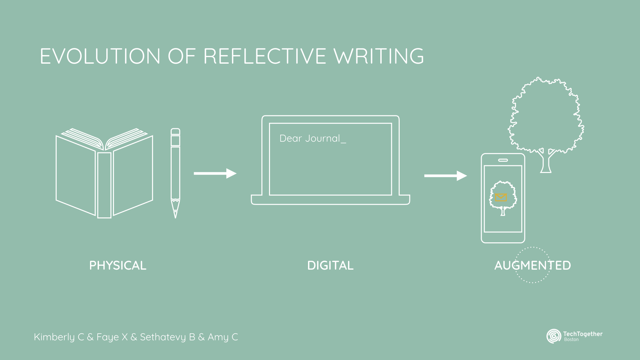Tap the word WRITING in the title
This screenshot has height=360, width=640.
pyautogui.click(x=379, y=56)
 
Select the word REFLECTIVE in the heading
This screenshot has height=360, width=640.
pyautogui.click(x=265, y=56)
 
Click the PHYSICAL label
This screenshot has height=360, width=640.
pyautogui.click(x=118, y=266)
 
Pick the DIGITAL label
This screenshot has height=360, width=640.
pyautogui.click(x=330, y=266)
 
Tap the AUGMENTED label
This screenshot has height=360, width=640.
pyautogui.click(x=532, y=266)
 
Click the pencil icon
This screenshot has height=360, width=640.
pyautogui.click(x=175, y=167)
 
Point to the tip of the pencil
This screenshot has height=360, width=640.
pyautogui.click(x=175, y=216)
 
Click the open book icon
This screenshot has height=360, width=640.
pyautogui.click(x=104, y=173)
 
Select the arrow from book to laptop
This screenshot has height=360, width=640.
pyautogui.click(x=215, y=173)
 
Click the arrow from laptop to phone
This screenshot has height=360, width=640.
pyautogui.click(x=445, y=176)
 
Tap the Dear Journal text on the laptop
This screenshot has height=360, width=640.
pyautogui.click(x=310, y=138)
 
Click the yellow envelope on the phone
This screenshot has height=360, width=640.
pyautogui.click(x=501, y=198)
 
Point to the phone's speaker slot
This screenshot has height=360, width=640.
pyautogui.click(x=503, y=160)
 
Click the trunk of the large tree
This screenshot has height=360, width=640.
pyautogui.click(x=546, y=163)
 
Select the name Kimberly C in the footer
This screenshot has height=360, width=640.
pyautogui.click(x=59, y=337)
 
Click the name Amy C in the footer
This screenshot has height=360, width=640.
pyautogui.click(x=223, y=337)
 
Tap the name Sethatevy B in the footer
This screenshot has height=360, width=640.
pyautogui.click(x=167, y=337)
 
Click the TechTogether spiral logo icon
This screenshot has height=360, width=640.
pyautogui.click(x=554, y=336)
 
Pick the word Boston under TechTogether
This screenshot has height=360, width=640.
pyautogui.click(x=571, y=340)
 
